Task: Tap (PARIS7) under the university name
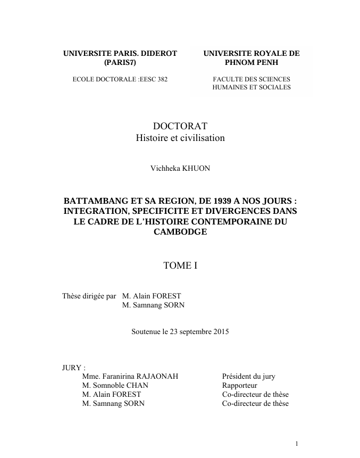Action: pos(120,63)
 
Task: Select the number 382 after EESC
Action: pos(161,79)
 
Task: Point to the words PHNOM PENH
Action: pos(252,63)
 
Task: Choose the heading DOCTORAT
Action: pos(180,126)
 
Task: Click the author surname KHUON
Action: pos(197,169)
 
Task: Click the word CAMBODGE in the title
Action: pos(180,232)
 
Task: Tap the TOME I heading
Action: pos(180,265)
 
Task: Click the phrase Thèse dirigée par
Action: pos(89,296)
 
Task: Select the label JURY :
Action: pos(74,368)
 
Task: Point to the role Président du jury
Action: pos(248,377)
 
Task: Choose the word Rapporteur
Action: pos(239,386)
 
